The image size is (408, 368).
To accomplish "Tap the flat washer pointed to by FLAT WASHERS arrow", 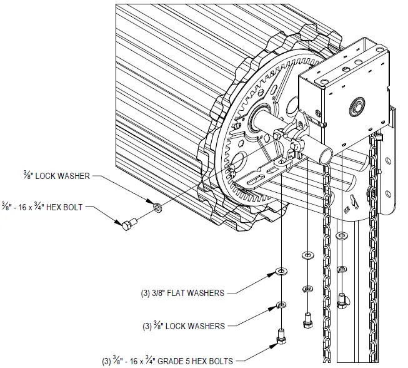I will pos(281,272).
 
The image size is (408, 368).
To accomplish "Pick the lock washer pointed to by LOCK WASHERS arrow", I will pos(281,306).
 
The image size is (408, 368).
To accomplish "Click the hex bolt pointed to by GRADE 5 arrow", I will pos(281,337).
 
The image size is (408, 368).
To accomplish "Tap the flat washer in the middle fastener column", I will pos(307,255).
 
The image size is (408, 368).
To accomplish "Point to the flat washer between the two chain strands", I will pos(342,236).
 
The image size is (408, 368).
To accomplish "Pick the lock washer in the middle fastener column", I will pos(307,289).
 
